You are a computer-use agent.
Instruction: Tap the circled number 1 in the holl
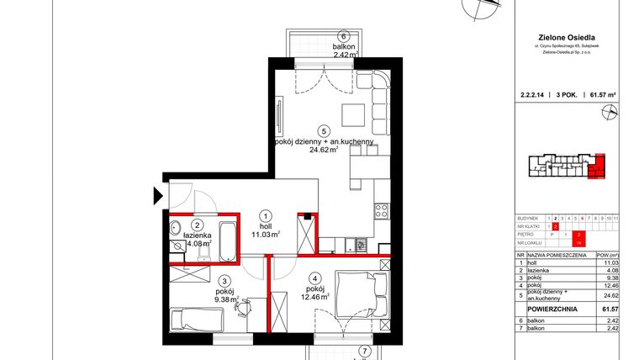[265, 214]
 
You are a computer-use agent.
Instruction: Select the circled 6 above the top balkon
[344, 35]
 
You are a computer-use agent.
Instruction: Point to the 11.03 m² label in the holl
[267, 236]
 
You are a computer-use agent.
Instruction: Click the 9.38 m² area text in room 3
[225, 298]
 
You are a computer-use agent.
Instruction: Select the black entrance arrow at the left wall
[157, 197]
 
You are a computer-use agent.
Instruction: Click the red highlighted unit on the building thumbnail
[597, 167]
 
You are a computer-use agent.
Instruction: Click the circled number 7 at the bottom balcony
[364, 352]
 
